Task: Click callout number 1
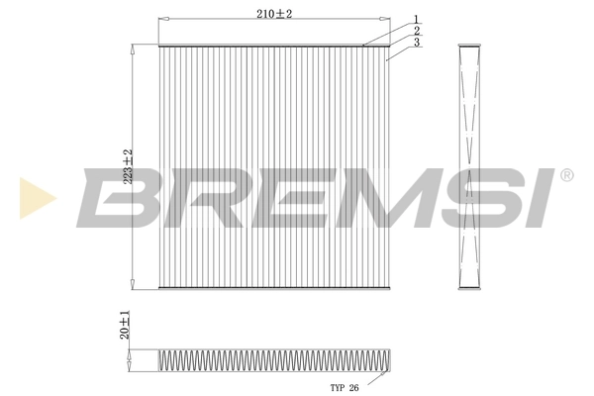coord(417,18)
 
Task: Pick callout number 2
coord(417,30)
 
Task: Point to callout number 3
coord(417,43)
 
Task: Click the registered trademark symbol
coord(566,175)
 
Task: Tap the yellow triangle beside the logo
coord(36,198)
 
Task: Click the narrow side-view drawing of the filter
coord(470,168)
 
